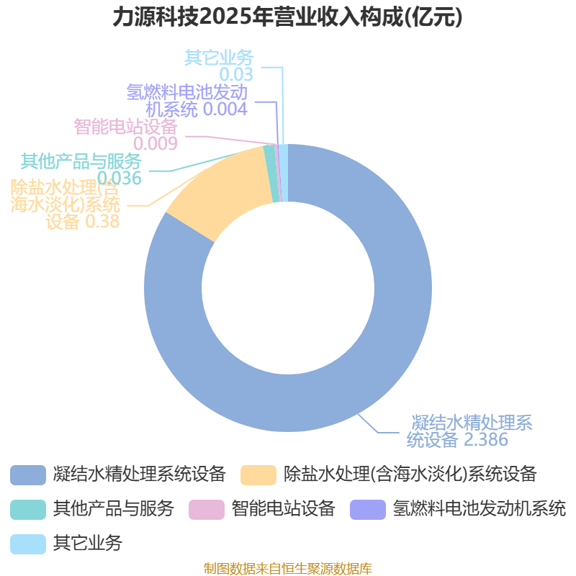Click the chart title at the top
coord(287,17)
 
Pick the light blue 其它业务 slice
coord(284,172)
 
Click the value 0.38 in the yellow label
coord(102,222)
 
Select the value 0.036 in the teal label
coord(120,177)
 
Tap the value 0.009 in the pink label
coord(155,143)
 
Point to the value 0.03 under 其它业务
coord(237,74)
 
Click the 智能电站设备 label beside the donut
coord(125,126)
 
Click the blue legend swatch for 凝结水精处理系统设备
coord(28,474)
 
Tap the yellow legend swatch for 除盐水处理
coord(258,474)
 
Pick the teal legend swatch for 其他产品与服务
coord(28,509)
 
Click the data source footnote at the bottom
coord(287,569)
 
